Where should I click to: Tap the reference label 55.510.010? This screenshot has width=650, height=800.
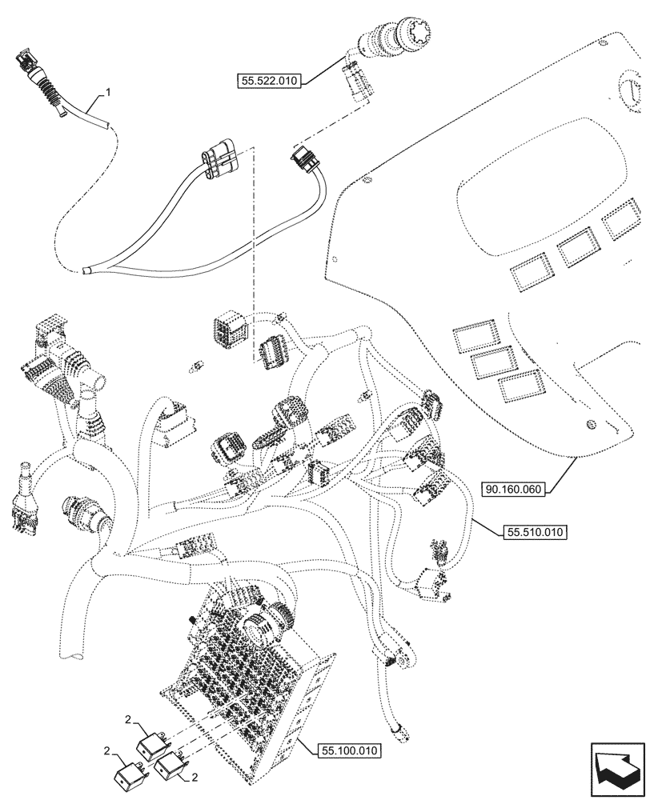[536, 531]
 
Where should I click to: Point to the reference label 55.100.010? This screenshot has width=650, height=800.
[351, 750]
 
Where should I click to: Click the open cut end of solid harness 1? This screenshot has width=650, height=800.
[86, 272]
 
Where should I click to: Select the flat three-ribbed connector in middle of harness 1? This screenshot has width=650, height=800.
[220, 158]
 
